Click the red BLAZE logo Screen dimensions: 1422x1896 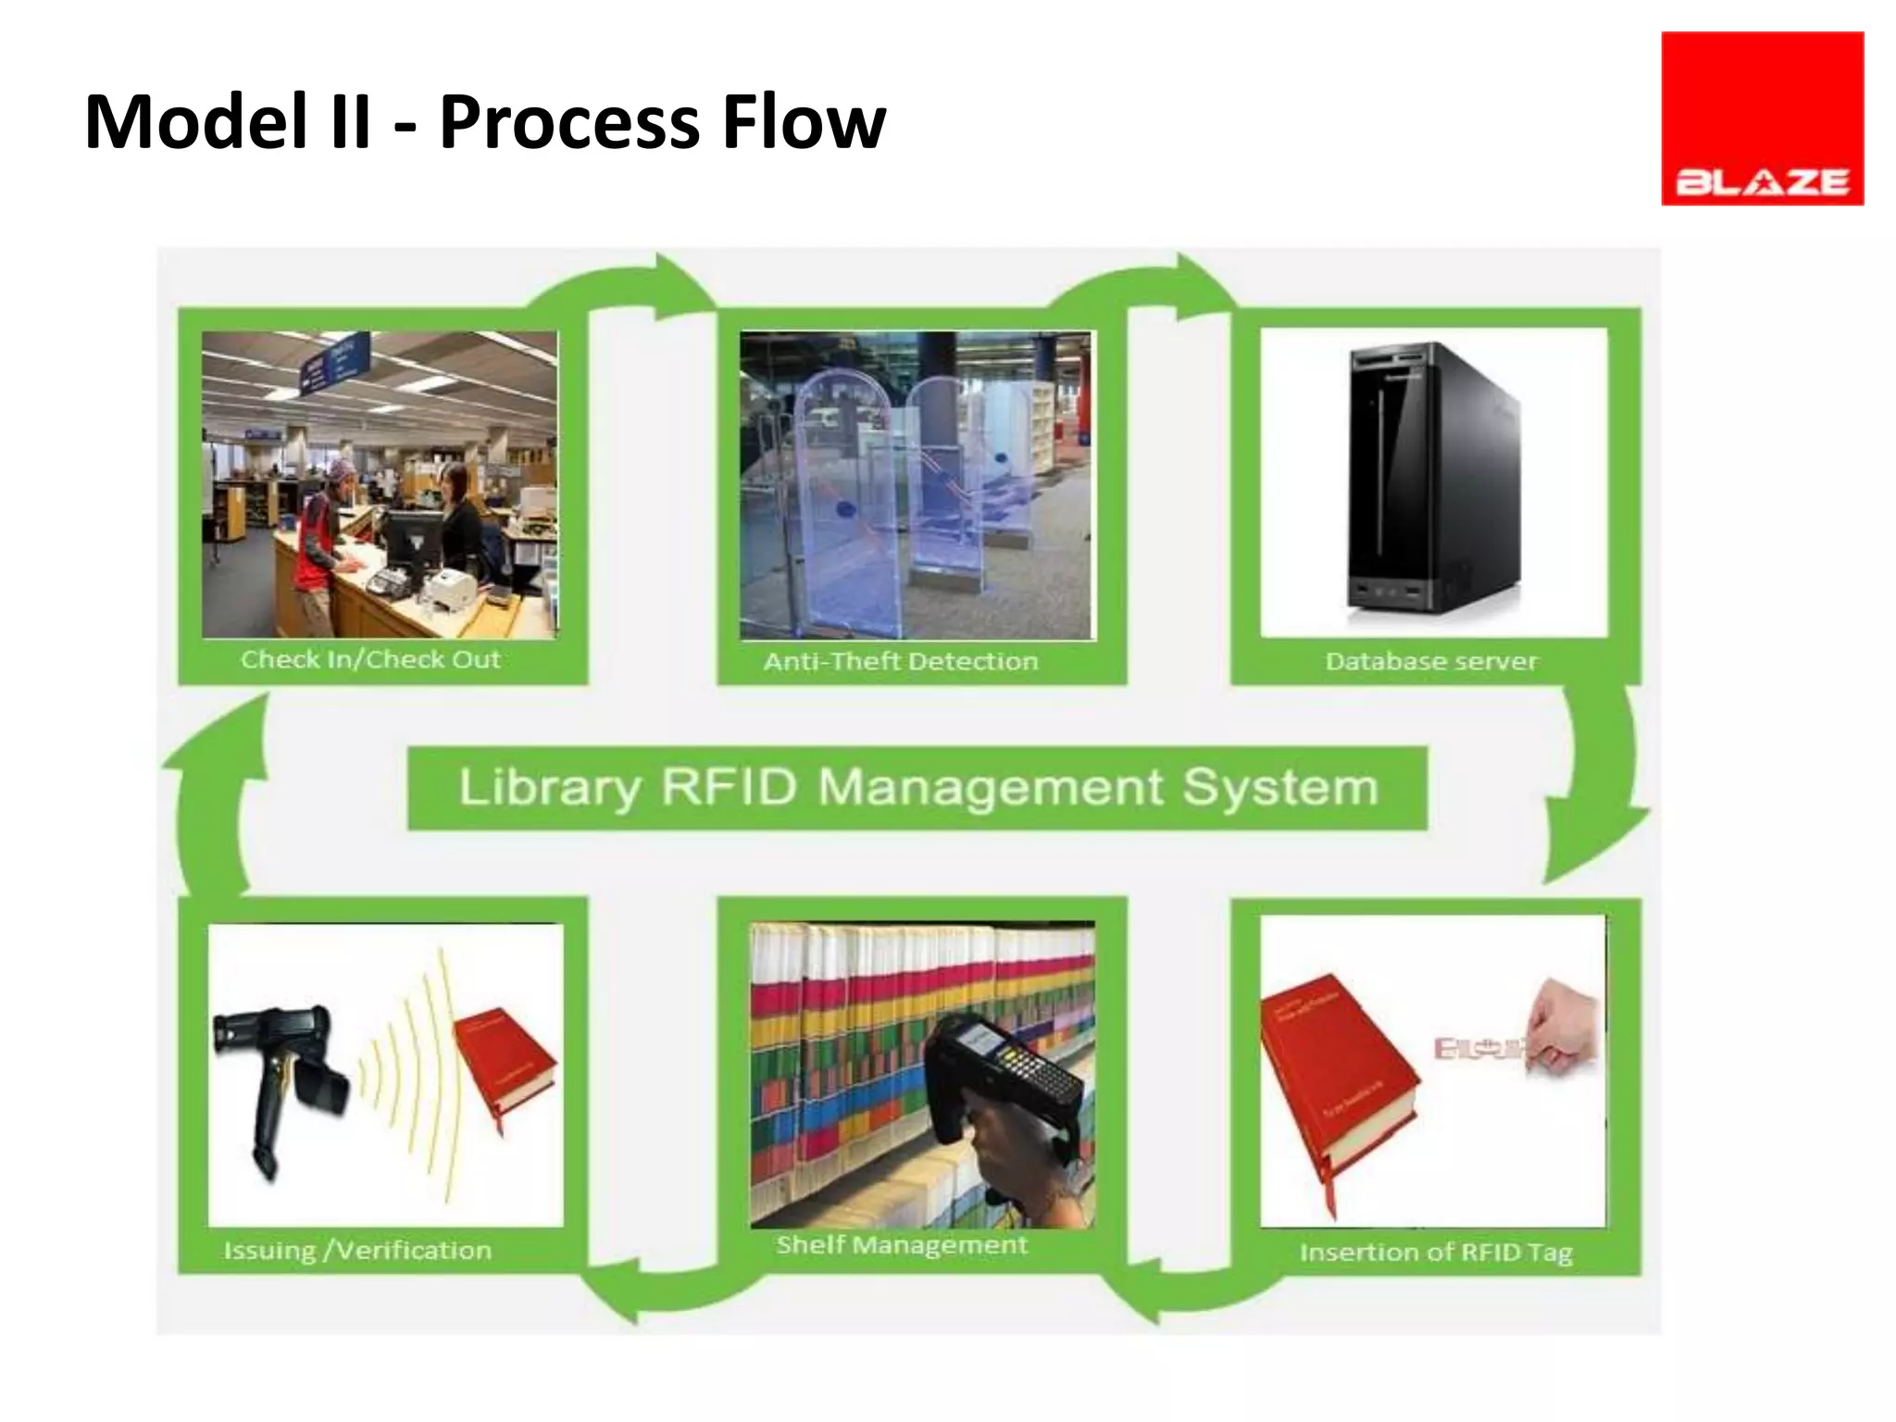tap(1762, 118)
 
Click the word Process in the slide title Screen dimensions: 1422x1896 tap(568, 122)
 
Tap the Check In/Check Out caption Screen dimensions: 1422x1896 tap(370, 659)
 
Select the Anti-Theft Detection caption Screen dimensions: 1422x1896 tap(901, 661)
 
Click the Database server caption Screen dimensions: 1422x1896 tap(1431, 661)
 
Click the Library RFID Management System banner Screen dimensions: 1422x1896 tap(917, 788)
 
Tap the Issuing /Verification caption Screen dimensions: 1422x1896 tap(357, 1251)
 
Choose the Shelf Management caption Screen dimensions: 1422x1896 tap(902, 1245)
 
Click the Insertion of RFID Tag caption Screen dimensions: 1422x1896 tap(1436, 1253)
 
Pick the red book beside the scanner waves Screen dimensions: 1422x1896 tap(505, 1065)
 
